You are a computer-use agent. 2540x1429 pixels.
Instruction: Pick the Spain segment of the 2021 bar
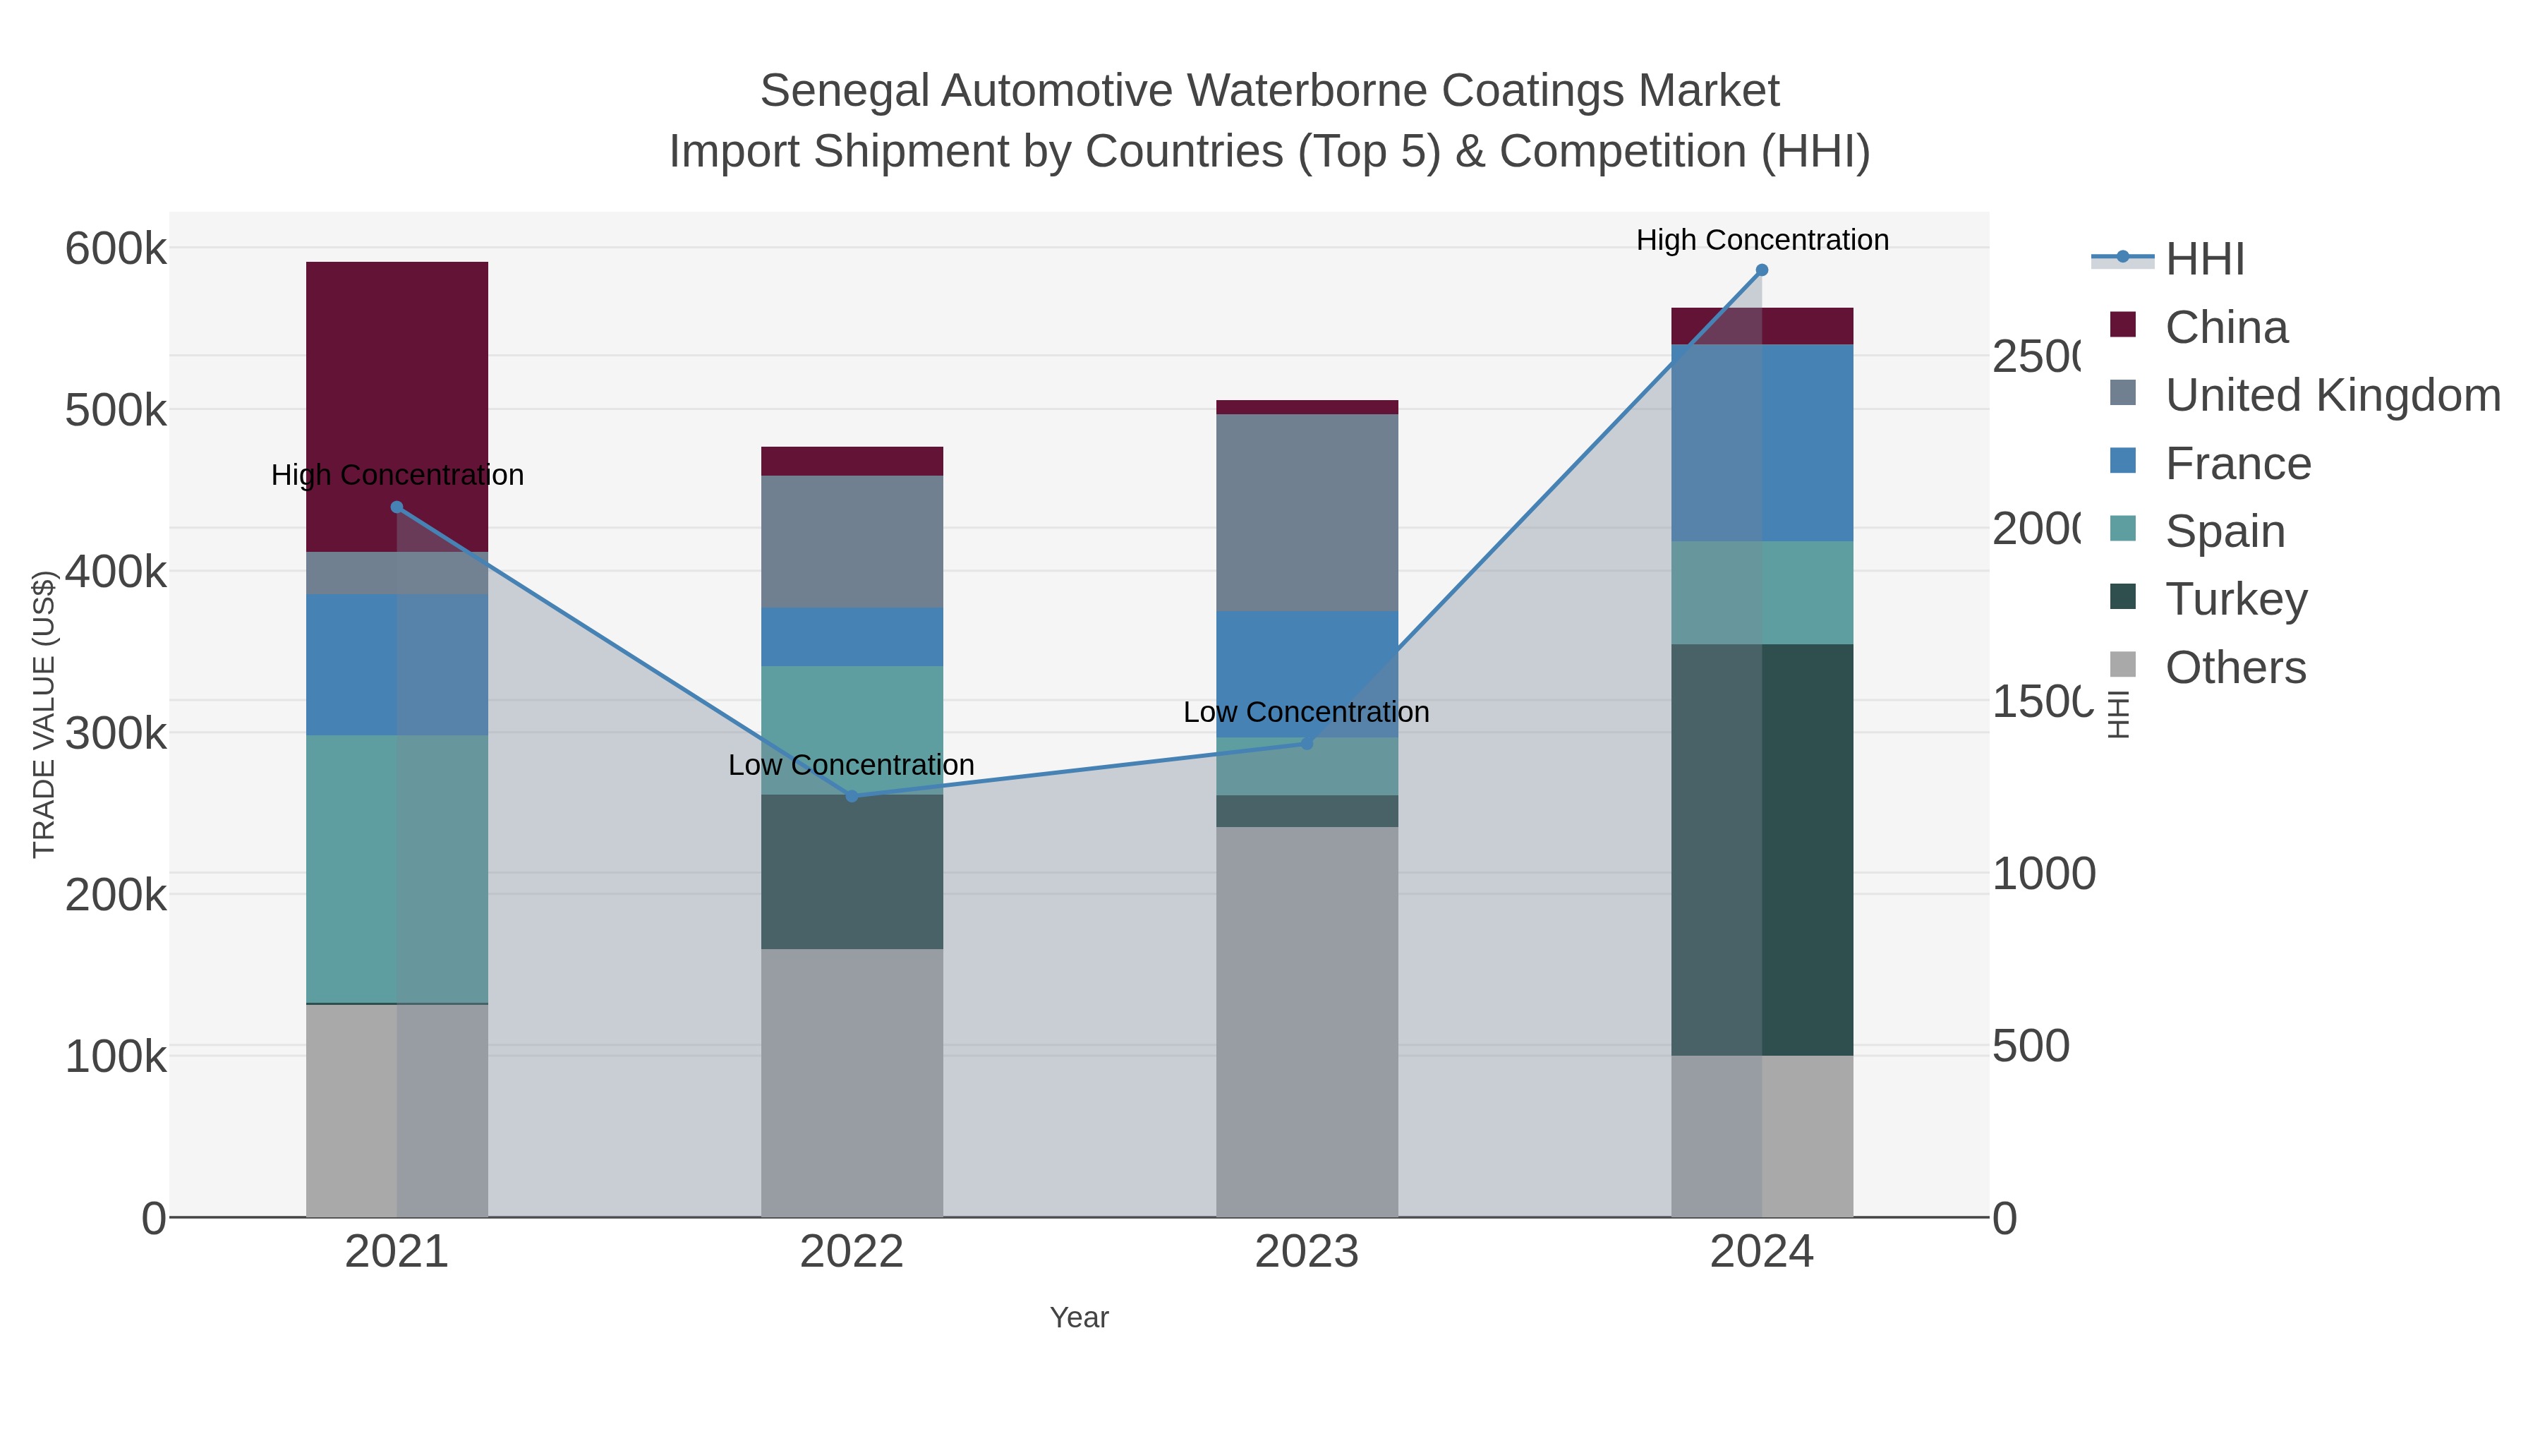tap(397, 868)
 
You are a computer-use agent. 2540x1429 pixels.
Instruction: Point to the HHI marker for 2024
tap(1761, 270)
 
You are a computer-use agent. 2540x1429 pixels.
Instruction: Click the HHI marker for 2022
tap(852, 796)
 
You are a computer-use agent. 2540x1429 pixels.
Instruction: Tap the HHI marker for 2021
tap(397, 507)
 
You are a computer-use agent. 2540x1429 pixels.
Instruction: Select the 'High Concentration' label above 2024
tap(1761, 240)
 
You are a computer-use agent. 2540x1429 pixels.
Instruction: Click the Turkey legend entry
tap(2235, 598)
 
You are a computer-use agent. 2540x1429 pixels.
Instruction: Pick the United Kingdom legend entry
tap(2332, 394)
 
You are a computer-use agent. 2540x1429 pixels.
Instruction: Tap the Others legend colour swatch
tap(2123, 665)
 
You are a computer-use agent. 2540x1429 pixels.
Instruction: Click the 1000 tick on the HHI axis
tap(2043, 874)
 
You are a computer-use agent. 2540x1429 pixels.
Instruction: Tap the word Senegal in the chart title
tap(844, 91)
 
